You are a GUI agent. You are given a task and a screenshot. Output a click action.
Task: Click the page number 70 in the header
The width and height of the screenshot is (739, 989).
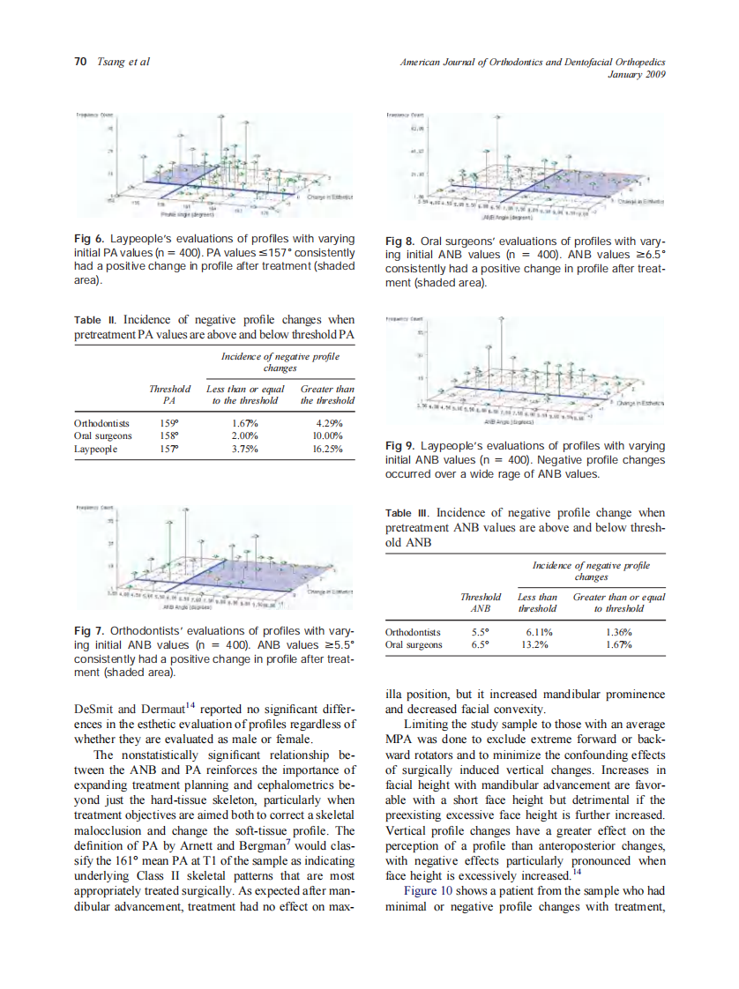click(79, 61)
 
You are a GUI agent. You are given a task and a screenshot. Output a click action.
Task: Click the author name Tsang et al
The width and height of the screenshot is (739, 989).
click(123, 61)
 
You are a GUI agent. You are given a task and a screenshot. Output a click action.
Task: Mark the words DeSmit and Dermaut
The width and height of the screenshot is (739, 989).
click(125, 708)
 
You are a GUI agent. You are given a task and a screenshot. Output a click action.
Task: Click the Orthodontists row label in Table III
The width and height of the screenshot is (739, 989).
click(414, 631)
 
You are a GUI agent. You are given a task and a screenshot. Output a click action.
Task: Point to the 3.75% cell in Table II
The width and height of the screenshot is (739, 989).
click(244, 449)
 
